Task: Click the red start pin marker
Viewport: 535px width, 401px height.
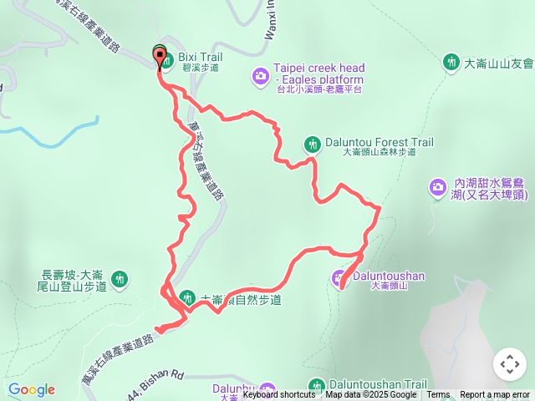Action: pos(160,57)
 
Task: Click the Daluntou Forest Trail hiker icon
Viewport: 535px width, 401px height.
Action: pos(313,144)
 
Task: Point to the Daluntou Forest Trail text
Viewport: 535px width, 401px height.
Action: pos(380,143)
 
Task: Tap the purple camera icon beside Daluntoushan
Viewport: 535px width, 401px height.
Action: pos(339,276)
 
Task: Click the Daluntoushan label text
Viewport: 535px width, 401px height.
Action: pos(389,274)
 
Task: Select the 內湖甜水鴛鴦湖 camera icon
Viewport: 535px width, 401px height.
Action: pos(437,188)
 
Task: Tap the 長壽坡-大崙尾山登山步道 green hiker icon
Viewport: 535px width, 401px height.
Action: pos(120,278)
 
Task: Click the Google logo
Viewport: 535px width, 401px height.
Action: pos(32,389)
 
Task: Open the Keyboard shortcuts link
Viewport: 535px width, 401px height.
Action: pos(279,395)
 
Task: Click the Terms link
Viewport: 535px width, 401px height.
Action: pos(438,395)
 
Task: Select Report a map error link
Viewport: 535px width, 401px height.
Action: pos(495,395)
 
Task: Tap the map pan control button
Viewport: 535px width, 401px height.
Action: pos(509,364)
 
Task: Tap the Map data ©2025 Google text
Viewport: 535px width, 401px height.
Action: pos(370,395)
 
